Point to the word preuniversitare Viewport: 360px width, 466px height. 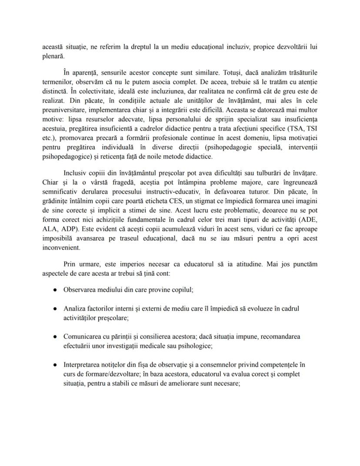[x=63, y=110]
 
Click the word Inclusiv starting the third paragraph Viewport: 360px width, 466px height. [x=76, y=174]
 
